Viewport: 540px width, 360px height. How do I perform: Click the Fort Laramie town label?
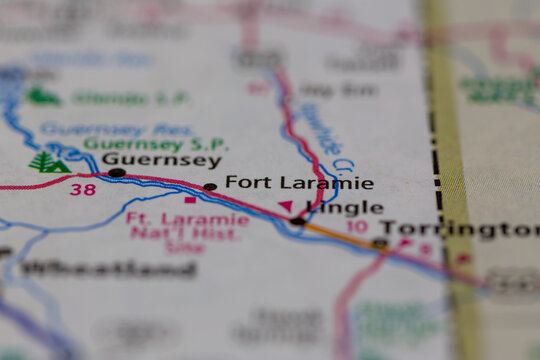click(299, 183)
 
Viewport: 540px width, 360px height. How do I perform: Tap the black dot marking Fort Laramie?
click(209, 187)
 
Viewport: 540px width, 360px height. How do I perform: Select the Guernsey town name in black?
click(161, 160)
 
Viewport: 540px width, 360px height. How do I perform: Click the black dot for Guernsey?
click(117, 173)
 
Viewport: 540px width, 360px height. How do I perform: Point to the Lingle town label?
click(344, 208)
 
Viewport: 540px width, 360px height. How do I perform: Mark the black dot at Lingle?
click(297, 221)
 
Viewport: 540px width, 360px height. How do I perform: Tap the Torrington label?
click(459, 230)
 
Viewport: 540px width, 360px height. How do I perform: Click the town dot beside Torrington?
click(379, 243)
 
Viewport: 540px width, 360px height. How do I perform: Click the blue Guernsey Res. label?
click(117, 129)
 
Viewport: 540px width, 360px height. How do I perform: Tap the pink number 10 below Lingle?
click(357, 227)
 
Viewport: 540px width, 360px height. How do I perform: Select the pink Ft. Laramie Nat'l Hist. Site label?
click(188, 232)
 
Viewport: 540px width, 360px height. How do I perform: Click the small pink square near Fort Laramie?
click(189, 200)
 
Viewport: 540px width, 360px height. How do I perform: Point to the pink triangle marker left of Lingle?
click(286, 206)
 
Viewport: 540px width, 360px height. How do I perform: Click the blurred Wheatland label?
click(109, 268)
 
